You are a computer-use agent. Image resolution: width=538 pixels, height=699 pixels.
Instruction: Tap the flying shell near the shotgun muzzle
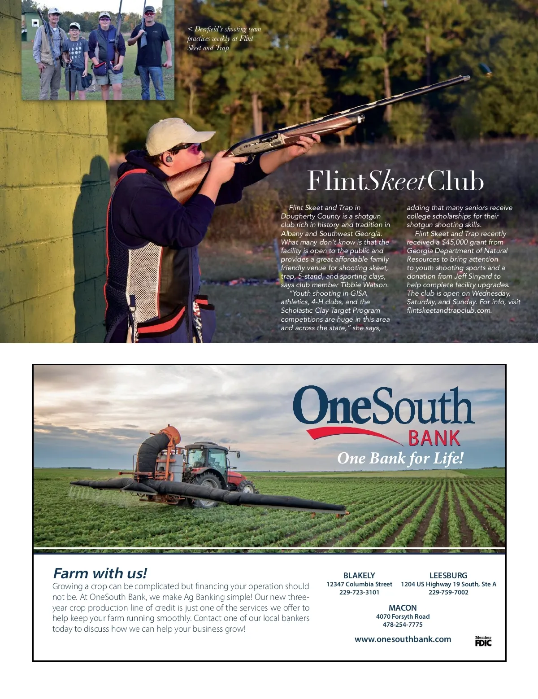485,70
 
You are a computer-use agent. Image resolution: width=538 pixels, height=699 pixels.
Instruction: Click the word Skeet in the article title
396,181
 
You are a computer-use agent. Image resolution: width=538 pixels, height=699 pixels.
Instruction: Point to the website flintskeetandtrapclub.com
449,310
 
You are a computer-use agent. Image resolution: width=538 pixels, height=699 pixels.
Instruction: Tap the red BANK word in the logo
434,438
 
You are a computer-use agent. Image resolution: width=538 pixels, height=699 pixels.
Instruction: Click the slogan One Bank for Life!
400,459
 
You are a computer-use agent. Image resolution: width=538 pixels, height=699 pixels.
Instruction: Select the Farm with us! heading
100,573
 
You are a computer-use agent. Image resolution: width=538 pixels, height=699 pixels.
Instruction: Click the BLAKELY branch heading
359,575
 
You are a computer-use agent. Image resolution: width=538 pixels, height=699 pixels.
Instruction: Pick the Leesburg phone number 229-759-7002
448,592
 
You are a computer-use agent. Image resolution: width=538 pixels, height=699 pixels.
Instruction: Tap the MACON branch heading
403,608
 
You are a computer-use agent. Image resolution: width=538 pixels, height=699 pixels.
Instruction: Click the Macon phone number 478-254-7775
403,625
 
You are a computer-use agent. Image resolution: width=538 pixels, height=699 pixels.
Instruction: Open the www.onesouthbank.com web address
403,639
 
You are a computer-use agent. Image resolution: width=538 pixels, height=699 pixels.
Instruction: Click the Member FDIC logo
483,641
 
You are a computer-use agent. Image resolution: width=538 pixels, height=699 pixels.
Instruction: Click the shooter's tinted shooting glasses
191,148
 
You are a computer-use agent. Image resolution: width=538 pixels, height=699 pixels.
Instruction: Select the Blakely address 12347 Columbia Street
359,584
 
